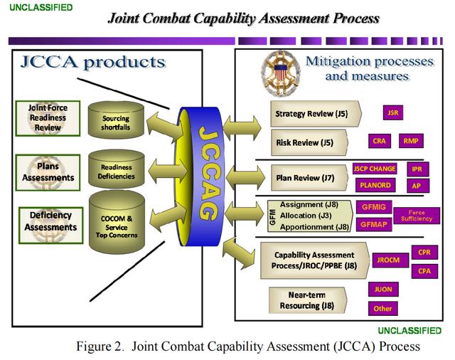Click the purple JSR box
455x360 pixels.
[x=392, y=113]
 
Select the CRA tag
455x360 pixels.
[x=379, y=141]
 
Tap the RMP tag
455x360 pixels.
[x=411, y=141]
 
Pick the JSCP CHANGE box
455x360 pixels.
[x=375, y=169]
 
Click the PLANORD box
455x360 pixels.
[x=375, y=185]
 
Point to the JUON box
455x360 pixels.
[x=382, y=290]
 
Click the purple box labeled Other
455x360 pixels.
[x=382, y=309]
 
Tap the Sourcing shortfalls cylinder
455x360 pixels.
[x=116, y=122]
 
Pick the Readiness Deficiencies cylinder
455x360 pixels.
[x=116, y=171]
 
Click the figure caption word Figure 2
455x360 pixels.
[x=102, y=346]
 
